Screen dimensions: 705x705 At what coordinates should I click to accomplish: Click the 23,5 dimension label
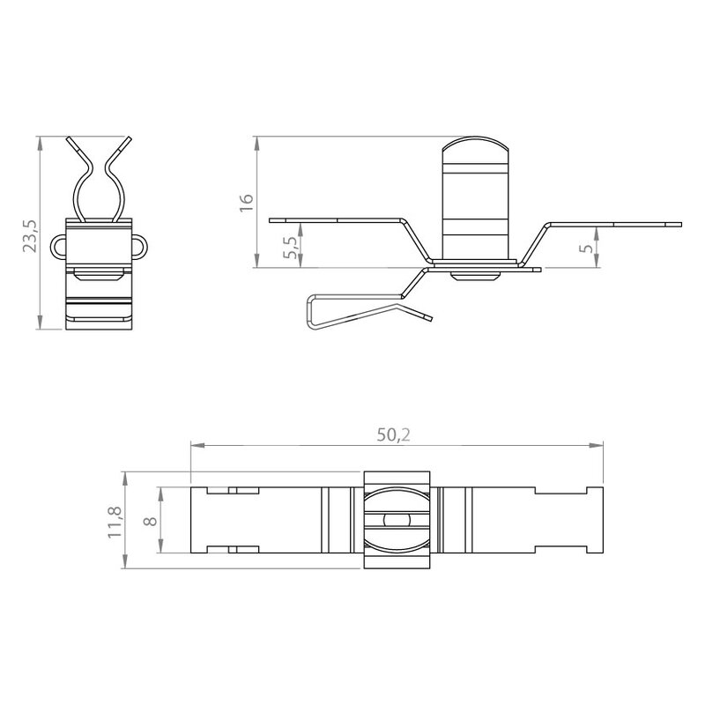(x=31, y=235)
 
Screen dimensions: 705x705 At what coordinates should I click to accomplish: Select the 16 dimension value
(x=247, y=204)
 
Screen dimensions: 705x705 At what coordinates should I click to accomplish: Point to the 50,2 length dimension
(x=393, y=434)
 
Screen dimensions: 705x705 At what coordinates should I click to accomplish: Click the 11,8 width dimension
(x=115, y=522)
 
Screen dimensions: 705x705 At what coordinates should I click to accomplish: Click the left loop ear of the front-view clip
(x=58, y=247)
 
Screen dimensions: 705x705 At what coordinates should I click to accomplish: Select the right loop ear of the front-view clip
(x=140, y=247)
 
